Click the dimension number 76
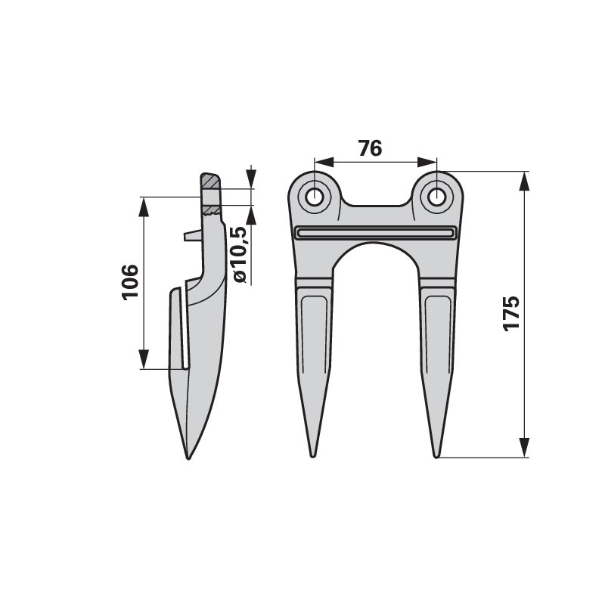(370, 148)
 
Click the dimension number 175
(511, 314)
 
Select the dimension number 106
(130, 282)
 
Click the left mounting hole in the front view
(314, 197)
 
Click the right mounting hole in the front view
(436, 197)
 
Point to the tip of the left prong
(313, 457)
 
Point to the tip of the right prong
(436, 457)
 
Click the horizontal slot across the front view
(375, 233)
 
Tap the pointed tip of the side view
(188, 458)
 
